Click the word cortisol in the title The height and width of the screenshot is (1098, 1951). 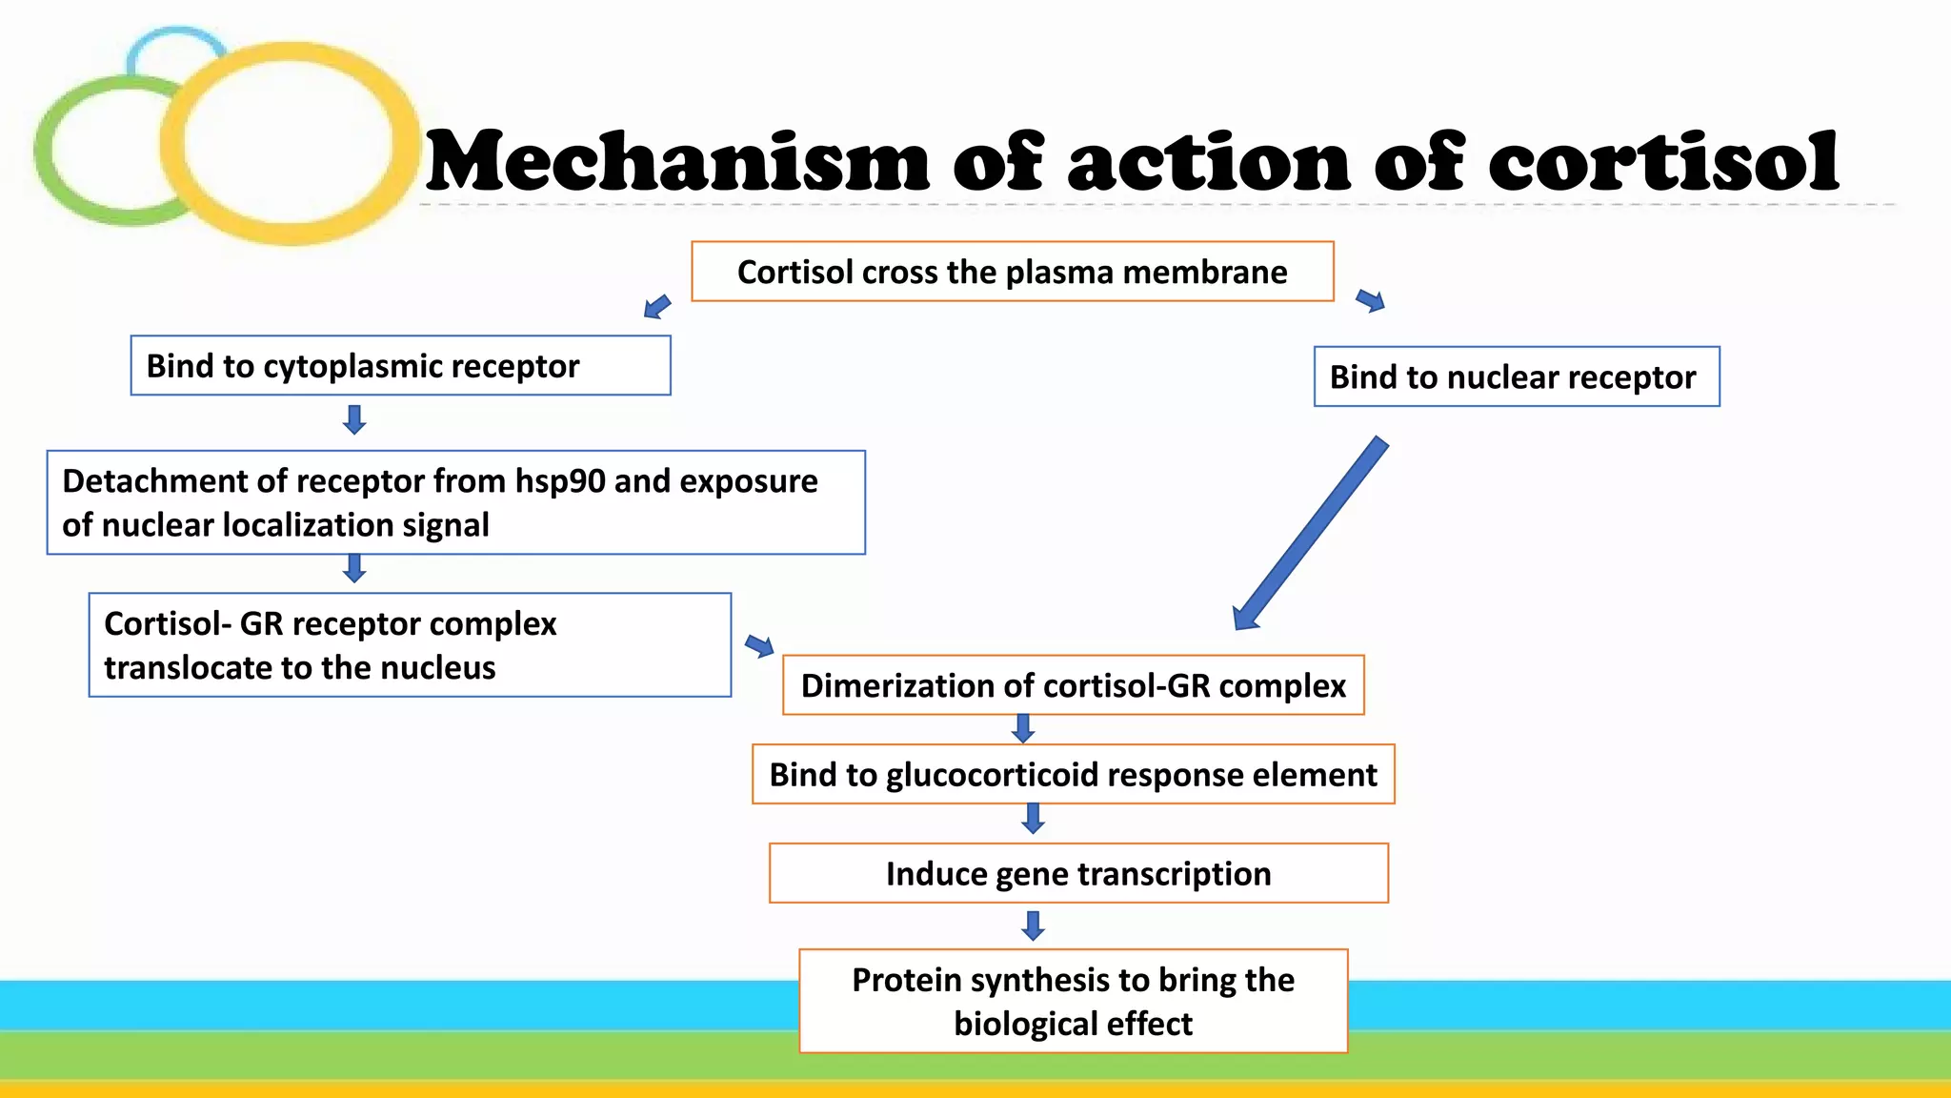coord(1662,162)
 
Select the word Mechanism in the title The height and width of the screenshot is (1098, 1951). coord(677,162)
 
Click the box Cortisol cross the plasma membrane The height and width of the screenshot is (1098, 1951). coord(1012,272)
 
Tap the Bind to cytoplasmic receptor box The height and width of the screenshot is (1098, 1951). coord(400,365)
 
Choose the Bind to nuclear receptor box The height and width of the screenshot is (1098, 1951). coord(1516,376)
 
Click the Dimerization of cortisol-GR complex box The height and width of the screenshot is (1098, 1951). coord(1073,685)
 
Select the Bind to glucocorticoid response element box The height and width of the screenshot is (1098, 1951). coord(1073,774)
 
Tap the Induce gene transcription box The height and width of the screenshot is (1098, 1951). coord(1077,873)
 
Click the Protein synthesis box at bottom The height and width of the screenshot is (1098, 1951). coord(1073,1001)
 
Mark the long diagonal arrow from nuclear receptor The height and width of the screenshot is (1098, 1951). coord(1310,534)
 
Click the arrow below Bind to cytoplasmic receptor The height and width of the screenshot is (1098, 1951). coord(354,419)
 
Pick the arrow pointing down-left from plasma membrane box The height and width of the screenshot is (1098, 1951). coord(657,307)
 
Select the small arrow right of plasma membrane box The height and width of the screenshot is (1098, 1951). coord(1371,301)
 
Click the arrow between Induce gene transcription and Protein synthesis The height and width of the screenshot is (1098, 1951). coord(1033,925)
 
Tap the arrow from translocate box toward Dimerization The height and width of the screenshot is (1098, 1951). coord(759,646)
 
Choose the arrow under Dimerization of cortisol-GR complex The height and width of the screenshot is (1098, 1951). coord(1023,729)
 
